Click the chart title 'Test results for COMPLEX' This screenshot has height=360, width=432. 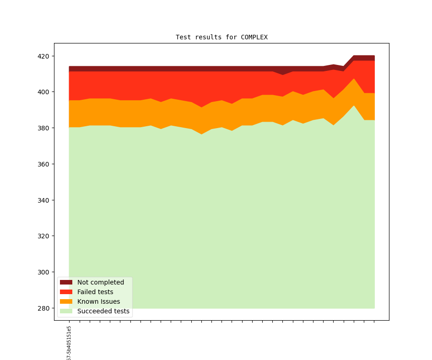tap(221, 37)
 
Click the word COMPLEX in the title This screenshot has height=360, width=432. tap(254, 37)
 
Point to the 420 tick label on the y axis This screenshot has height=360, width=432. tap(43, 56)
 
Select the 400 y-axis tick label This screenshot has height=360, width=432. tap(43, 92)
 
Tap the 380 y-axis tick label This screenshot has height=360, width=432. tap(43, 128)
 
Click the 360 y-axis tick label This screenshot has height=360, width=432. tap(43, 164)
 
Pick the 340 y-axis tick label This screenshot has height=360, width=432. tap(43, 200)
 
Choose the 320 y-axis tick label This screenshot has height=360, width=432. tap(43, 236)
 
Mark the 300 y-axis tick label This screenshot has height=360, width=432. tap(43, 272)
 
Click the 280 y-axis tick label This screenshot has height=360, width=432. tap(43, 308)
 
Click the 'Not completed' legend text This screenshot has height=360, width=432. tap(100, 282)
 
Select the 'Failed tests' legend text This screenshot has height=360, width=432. tap(95, 292)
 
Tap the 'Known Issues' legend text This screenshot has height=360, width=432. tap(98, 301)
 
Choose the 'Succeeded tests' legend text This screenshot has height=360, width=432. tap(103, 311)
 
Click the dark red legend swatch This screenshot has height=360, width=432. tap(66, 282)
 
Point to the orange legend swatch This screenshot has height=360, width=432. tap(66, 301)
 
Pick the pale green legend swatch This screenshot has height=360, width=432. tap(66, 311)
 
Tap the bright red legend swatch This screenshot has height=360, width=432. tap(66, 292)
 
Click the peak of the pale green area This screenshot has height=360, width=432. tap(354, 107)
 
